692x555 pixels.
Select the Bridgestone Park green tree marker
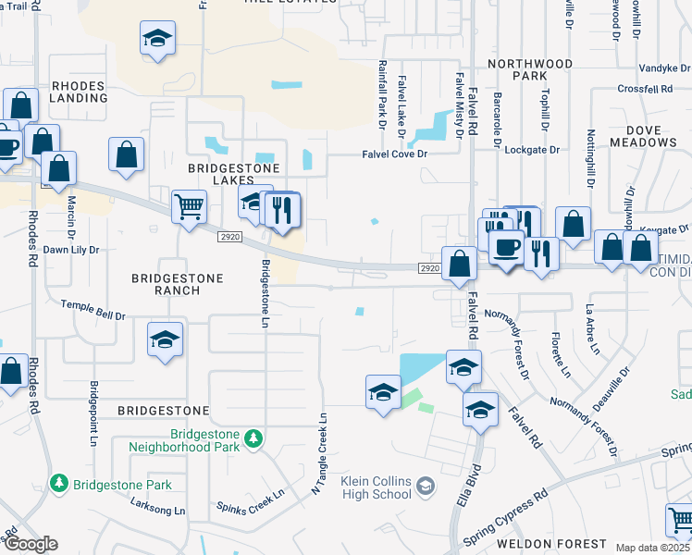pyautogui.click(x=59, y=484)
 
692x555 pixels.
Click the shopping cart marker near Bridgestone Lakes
pyautogui.click(x=189, y=207)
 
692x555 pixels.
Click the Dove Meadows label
pyautogui.click(x=644, y=136)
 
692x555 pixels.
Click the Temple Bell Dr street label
pyautogui.click(x=93, y=310)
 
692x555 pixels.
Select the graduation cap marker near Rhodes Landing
pyautogui.click(x=158, y=39)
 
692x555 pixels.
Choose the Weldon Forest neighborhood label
pyautogui.click(x=551, y=544)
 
